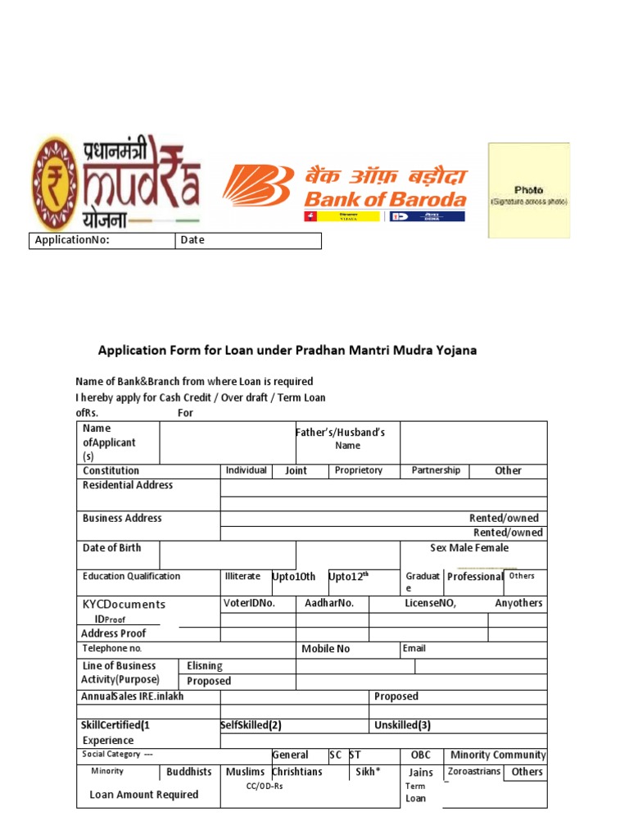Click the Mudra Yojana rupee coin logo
[x=57, y=183]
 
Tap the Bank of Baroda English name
[x=385, y=199]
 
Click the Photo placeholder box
[x=528, y=191]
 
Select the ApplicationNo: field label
[x=71, y=240]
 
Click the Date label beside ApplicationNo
[x=192, y=240]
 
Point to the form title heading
[x=287, y=351]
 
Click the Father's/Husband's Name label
[x=340, y=438]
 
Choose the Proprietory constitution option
[x=359, y=470]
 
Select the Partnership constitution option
[x=436, y=470]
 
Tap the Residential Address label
[x=128, y=485]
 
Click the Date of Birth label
[x=111, y=548]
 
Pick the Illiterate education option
[x=242, y=577]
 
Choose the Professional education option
[x=475, y=577]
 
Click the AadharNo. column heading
[x=329, y=603]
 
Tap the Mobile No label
[x=325, y=649]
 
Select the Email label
[x=414, y=648]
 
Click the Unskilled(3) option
[x=402, y=725]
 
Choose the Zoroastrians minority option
[x=474, y=772]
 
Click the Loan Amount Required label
[x=143, y=795]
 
